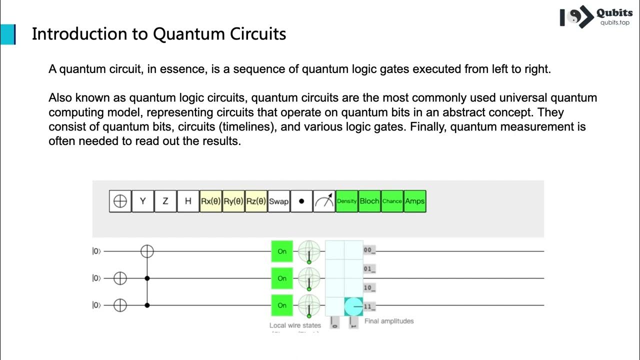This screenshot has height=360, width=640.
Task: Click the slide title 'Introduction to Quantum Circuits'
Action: pos(159,34)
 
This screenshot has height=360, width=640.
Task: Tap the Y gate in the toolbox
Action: pos(143,201)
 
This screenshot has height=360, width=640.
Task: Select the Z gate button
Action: pos(165,201)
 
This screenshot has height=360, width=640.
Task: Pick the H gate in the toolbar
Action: pos(188,201)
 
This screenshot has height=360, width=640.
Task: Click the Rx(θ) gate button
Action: pos(210,201)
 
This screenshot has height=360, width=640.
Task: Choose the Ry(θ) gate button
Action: pos(233,201)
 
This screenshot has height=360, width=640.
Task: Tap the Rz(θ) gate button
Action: pos(256,201)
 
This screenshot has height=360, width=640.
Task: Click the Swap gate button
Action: pos(278,201)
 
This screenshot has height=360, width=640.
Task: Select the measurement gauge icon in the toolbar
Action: pos(324,201)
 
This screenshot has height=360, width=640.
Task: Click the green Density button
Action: pos(346,201)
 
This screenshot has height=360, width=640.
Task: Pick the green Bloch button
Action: pos(369,201)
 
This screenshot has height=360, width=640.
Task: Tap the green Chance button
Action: pos(392,201)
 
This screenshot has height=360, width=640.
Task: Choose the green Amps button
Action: pos(414,201)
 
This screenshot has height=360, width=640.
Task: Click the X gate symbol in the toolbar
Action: pos(120,201)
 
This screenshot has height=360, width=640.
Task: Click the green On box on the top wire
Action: pos(282,251)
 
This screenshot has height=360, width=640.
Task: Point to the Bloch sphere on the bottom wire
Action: pos(309,305)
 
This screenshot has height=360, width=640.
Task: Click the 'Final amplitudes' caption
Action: pos(389,321)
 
